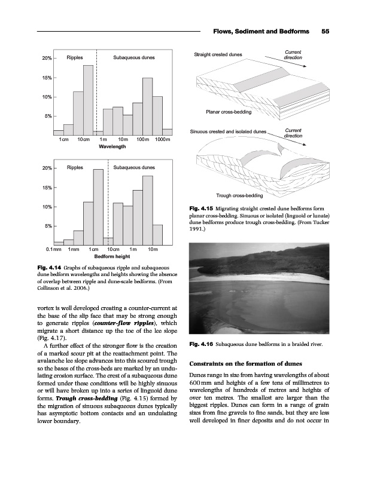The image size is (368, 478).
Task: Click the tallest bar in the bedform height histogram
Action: coord(98,207)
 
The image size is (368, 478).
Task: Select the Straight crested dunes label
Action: coord(218,55)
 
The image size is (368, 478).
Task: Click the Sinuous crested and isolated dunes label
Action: coord(228,131)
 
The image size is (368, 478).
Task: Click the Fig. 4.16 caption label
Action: coord(200,344)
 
